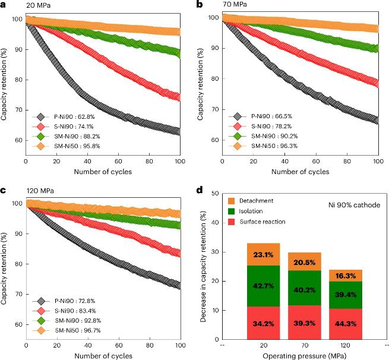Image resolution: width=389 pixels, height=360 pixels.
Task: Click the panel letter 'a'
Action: click(x=4, y=4)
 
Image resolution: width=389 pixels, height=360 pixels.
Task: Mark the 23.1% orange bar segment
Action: click(x=263, y=254)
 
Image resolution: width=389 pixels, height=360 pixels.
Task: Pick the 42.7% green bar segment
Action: click(x=263, y=286)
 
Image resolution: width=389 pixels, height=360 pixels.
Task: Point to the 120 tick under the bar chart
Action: click(x=346, y=343)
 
